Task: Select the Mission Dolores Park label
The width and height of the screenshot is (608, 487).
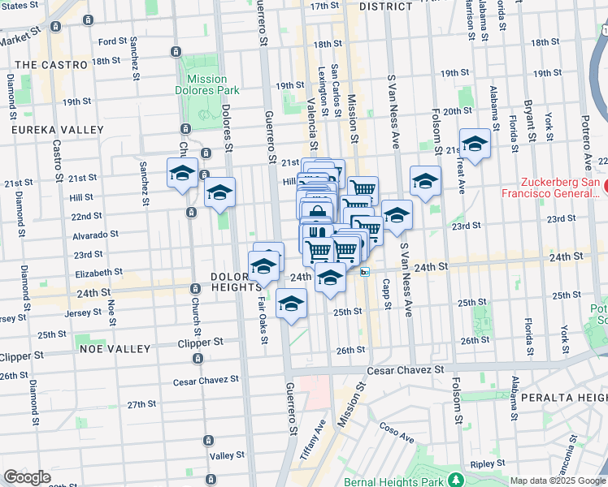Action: point(207,84)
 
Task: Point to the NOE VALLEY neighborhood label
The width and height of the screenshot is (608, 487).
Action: point(115,348)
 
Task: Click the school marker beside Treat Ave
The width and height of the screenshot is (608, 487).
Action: point(476,144)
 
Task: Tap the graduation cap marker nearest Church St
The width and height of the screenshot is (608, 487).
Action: point(183,172)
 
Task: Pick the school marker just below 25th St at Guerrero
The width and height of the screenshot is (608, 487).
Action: point(291,304)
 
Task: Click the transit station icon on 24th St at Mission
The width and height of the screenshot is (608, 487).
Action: point(366,273)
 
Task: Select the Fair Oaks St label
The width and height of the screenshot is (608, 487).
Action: point(262,317)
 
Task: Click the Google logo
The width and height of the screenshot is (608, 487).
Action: point(28,477)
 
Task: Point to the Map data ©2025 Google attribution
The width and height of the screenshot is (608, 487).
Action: point(558,481)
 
